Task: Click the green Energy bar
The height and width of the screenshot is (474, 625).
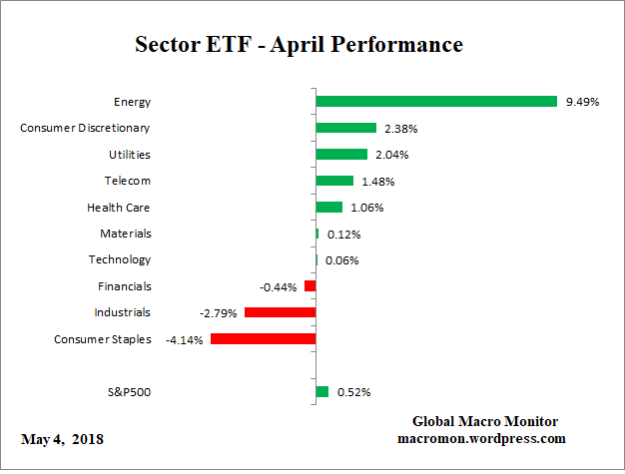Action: (x=436, y=101)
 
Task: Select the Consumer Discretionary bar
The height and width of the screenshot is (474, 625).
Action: (x=345, y=128)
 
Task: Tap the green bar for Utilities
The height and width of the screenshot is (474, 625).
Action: (x=341, y=154)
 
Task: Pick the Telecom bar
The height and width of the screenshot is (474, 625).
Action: (x=334, y=181)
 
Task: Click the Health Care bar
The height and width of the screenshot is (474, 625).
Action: (x=328, y=207)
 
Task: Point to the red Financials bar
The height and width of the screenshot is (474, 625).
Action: (x=311, y=286)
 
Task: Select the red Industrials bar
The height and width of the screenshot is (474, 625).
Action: (x=281, y=312)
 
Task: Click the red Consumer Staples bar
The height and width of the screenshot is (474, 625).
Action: (x=264, y=339)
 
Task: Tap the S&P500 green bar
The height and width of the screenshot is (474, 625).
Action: (x=322, y=391)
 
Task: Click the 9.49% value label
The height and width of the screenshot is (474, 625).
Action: (x=582, y=102)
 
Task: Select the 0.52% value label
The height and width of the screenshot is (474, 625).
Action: (x=353, y=392)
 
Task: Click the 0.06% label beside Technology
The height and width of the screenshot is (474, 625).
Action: (x=342, y=260)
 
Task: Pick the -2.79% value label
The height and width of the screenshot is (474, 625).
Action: (x=220, y=313)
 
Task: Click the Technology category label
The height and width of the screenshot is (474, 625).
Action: (x=120, y=259)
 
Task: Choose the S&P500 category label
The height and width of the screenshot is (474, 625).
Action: (x=129, y=391)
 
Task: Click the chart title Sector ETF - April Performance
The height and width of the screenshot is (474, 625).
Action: (x=299, y=45)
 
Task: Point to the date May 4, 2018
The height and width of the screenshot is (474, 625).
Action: (x=62, y=439)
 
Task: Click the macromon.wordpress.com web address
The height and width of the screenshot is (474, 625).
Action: (x=483, y=438)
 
